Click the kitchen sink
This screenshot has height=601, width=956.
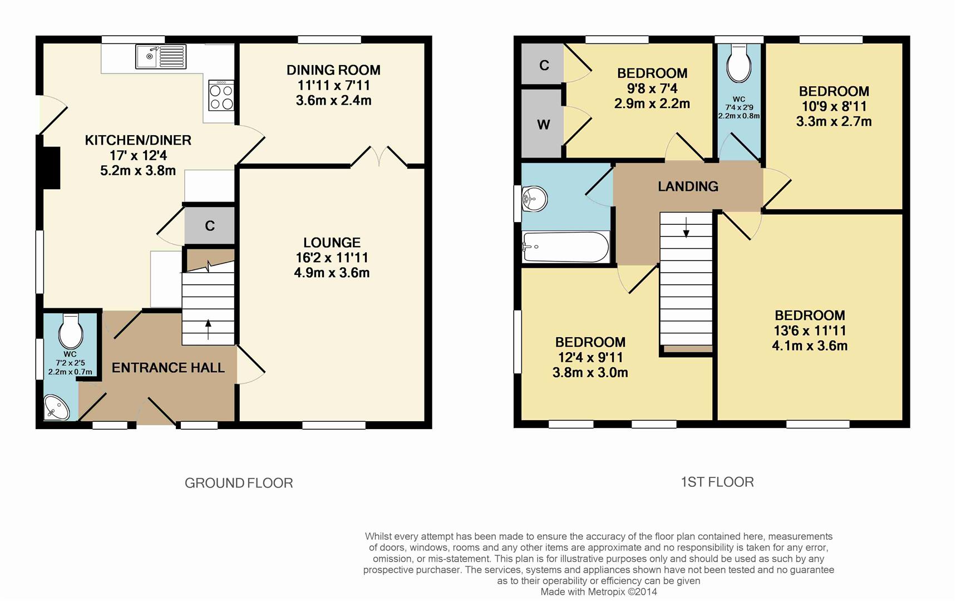click(x=161, y=57)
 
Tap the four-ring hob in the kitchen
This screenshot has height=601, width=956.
click(x=221, y=96)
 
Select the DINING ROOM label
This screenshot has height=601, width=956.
click(x=333, y=70)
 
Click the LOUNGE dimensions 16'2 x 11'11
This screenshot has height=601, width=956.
click(x=332, y=258)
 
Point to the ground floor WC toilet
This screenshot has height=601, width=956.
click(x=71, y=330)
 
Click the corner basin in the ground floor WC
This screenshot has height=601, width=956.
click(x=56, y=407)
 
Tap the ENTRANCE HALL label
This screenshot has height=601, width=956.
click(x=168, y=368)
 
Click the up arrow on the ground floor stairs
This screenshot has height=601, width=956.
click(x=209, y=329)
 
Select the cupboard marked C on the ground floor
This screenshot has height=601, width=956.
click(x=210, y=225)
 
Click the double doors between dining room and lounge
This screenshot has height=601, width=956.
click(x=379, y=156)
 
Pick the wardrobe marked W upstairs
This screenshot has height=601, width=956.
click(x=543, y=124)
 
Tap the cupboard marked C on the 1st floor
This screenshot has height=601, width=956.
click(x=543, y=65)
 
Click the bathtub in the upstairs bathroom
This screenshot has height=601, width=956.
click(x=565, y=247)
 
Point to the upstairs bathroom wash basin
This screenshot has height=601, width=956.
click(x=533, y=199)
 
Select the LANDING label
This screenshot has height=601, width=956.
click(x=688, y=186)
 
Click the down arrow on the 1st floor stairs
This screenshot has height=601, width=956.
click(x=686, y=226)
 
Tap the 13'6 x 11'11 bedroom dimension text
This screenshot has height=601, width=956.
click(x=810, y=331)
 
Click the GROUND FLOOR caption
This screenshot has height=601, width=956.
click(x=239, y=483)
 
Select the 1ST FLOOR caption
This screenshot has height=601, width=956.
click(x=717, y=482)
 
